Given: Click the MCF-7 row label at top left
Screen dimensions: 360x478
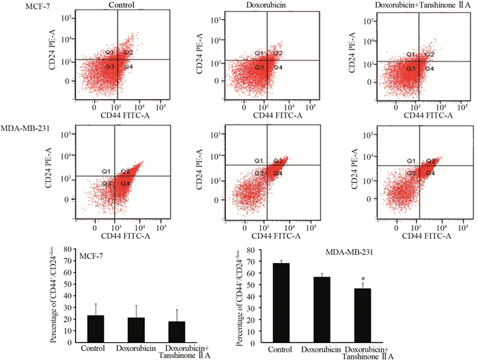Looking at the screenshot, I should pyautogui.click(x=14, y=5).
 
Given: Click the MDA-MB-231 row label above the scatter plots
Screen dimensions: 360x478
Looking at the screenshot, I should pyautogui.click(x=24, y=128).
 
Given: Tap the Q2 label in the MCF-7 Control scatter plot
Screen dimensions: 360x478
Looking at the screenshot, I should pyautogui.click(x=128, y=53).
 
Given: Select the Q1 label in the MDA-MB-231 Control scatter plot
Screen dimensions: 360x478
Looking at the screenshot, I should pyautogui.click(x=107, y=170).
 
